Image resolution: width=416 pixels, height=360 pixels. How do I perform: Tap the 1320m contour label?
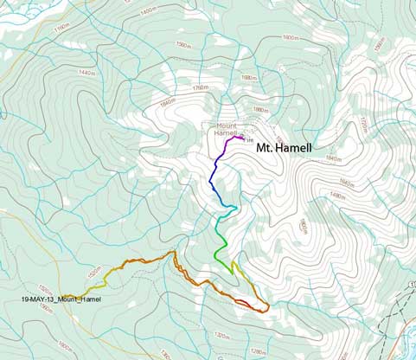(x=221, y=335)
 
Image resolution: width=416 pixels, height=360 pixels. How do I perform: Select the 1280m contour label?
(x=258, y=351)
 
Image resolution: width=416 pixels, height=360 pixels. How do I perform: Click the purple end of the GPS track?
(x=240, y=137)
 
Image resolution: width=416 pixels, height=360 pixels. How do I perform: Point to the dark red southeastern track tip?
(x=266, y=307)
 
